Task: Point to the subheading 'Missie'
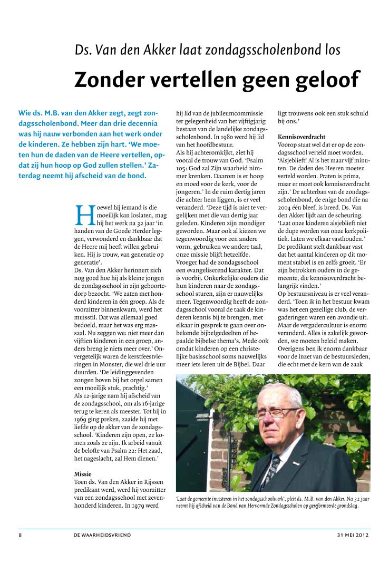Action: pyautogui.click(x=83, y=474)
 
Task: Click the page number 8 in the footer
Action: pyautogui.click(x=20, y=535)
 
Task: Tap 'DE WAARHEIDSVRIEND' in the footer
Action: pyautogui.click(x=102, y=535)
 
